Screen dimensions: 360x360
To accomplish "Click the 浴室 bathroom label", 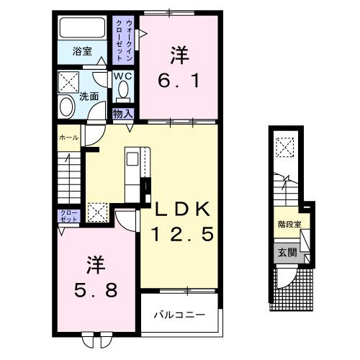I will pos(82,50).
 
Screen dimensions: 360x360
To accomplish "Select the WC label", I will pos(121,75).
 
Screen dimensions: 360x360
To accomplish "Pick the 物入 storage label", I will pos(122,112).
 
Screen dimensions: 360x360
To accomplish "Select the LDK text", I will pos(182,210).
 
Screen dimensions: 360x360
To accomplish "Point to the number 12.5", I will pos(182,235).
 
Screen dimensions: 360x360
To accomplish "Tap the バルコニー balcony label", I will pos(181,315).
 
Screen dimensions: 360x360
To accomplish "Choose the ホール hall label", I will pos(68,136).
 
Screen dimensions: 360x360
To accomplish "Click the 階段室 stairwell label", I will pos(288,224).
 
